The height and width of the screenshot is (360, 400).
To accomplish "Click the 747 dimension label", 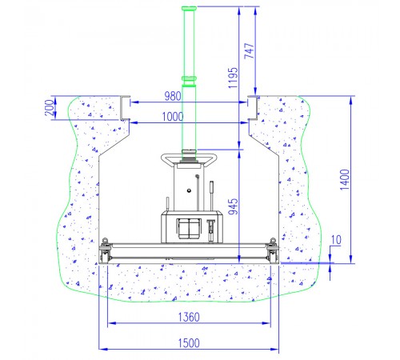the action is [x=250, y=50].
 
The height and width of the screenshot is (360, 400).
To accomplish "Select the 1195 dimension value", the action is [x=233, y=78].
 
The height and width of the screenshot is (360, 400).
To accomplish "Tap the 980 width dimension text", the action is [x=173, y=96].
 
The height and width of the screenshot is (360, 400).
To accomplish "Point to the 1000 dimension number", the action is [x=173, y=117].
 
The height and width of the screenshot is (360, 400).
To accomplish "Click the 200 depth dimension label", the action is [x=49, y=107].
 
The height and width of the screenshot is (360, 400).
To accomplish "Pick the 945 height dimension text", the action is [x=234, y=206].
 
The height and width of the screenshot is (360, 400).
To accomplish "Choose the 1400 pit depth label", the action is [x=344, y=179].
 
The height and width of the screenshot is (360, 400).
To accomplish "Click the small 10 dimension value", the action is [x=336, y=240].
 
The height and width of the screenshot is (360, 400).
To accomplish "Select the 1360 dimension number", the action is [x=189, y=317].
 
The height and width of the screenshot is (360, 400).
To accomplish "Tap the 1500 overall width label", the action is [x=189, y=343].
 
